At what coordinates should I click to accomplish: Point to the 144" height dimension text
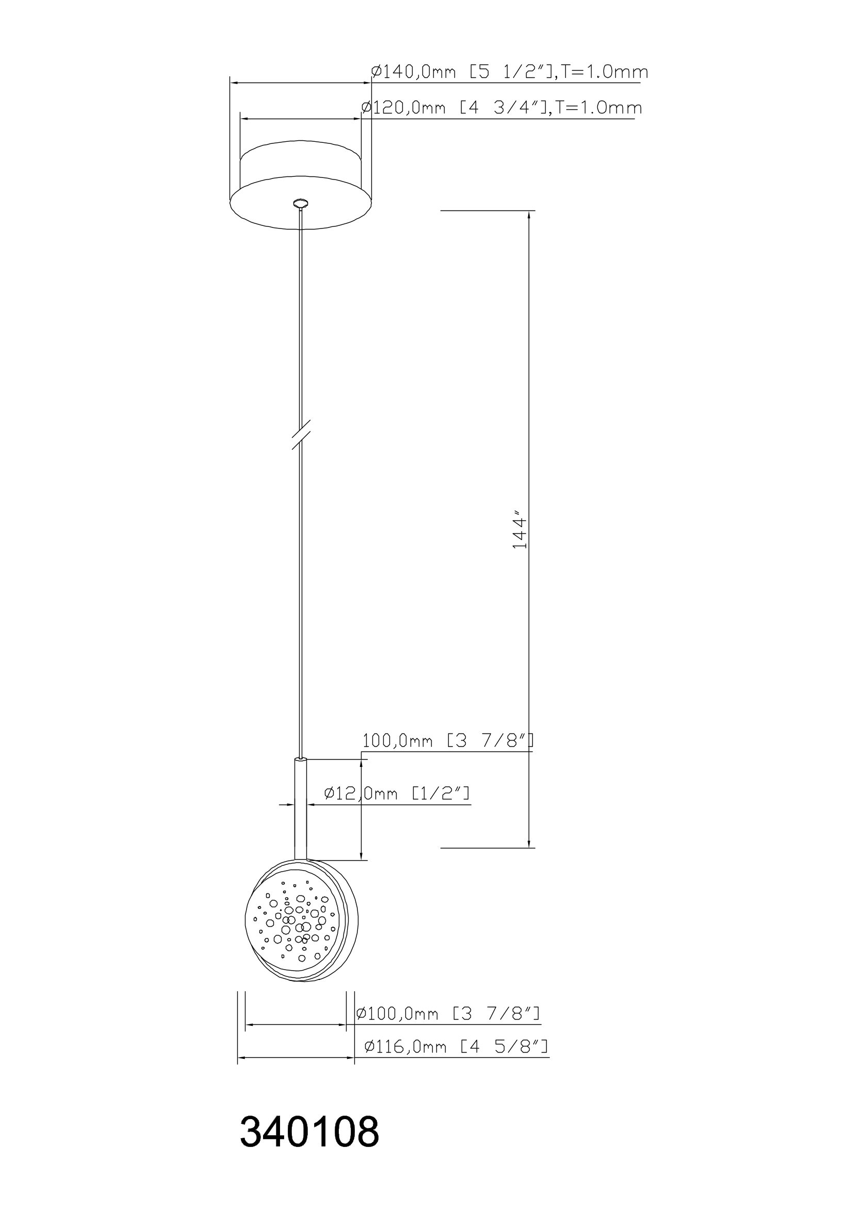click(x=520, y=532)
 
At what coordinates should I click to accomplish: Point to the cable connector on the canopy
click(x=301, y=203)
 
